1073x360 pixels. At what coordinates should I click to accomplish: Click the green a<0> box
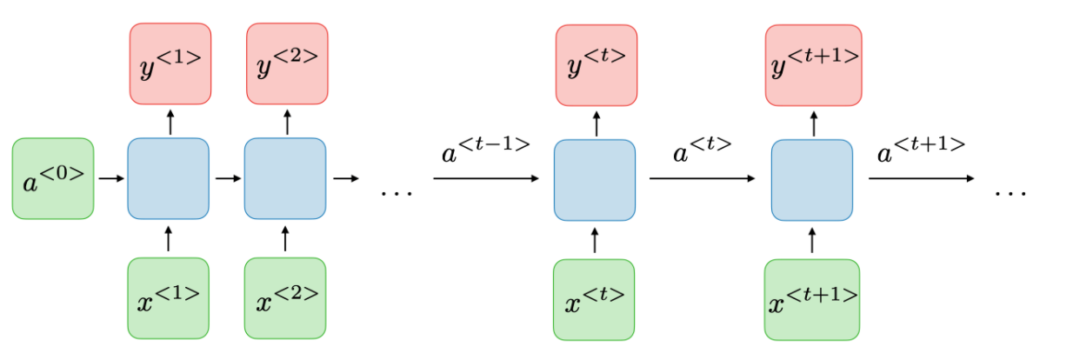(x=53, y=178)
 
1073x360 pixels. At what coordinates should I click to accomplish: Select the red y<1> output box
(x=170, y=63)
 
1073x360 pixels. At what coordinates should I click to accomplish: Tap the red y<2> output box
(x=287, y=63)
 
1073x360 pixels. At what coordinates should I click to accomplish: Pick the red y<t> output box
(x=596, y=63)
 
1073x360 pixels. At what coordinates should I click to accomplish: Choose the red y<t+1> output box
(x=813, y=63)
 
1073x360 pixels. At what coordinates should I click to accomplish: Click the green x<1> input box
(x=169, y=297)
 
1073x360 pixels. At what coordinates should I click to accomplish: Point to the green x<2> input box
(x=285, y=297)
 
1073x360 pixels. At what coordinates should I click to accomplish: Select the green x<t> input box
(x=595, y=299)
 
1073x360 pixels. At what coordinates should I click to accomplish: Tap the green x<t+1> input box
(x=812, y=299)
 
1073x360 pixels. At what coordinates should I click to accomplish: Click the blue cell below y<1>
(x=169, y=179)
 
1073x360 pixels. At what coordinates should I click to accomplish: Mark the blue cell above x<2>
(x=285, y=179)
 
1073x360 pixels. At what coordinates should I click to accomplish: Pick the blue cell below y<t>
(x=595, y=179)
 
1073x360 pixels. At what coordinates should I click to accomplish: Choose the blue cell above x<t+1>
(x=812, y=179)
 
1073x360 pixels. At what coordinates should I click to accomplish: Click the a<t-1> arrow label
(x=485, y=153)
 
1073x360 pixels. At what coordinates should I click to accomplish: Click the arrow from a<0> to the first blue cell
(x=110, y=179)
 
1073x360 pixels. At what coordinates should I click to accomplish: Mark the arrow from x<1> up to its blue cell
(x=169, y=238)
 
